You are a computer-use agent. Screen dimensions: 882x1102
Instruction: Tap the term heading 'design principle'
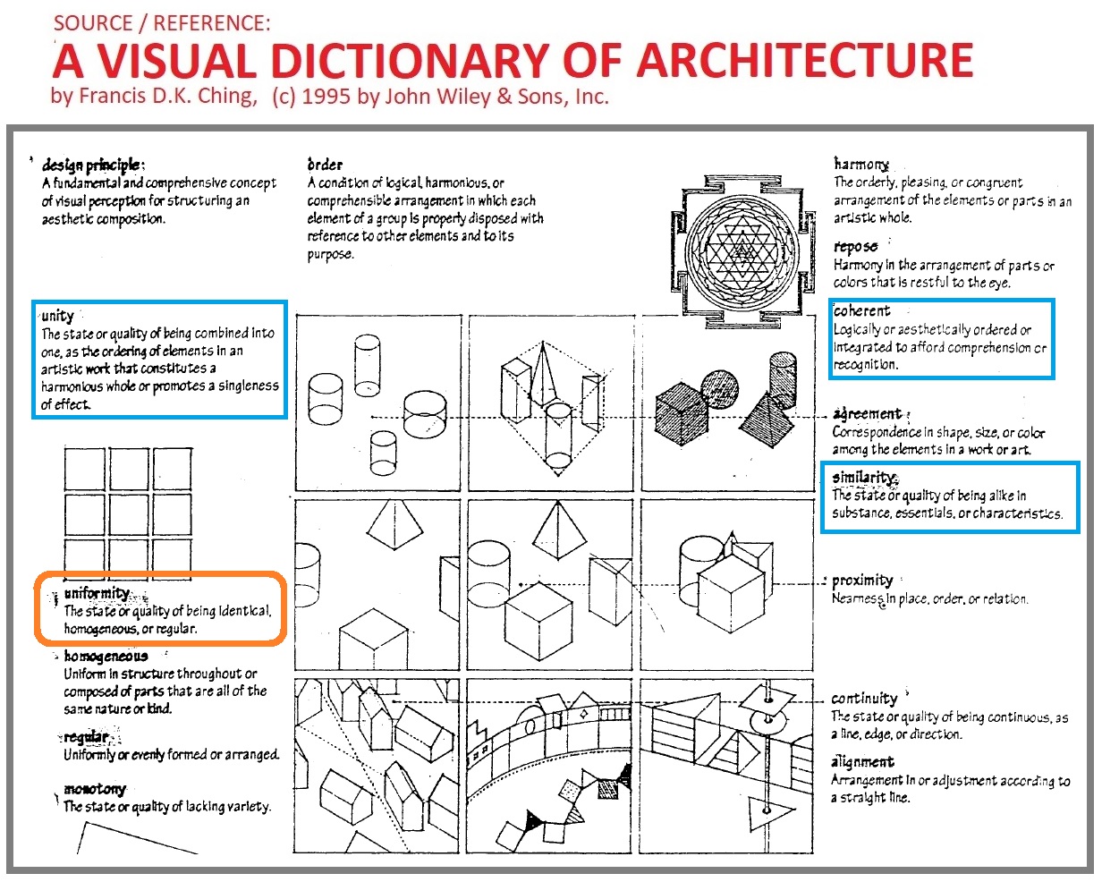pyautogui.click(x=92, y=165)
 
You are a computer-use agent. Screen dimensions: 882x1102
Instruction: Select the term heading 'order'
pyautogui.click(x=325, y=165)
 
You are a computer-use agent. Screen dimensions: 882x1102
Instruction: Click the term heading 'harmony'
pyautogui.click(x=860, y=164)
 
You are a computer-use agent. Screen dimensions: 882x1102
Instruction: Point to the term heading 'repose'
pyautogui.click(x=855, y=246)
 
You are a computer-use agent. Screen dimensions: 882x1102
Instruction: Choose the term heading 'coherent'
pyautogui.click(x=861, y=310)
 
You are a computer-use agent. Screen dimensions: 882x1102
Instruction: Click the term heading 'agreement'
pyautogui.click(x=867, y=414)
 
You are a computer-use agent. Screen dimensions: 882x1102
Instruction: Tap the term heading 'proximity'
pyautogui.click(x=862, y=580)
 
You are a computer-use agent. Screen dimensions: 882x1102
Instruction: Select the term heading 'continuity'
pyautogui.click(x=863, y=698)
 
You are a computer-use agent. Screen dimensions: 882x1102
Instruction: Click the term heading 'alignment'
pyautogui.click(x=862, y=761)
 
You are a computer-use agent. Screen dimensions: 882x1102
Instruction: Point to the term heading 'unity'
pyautogui.click(x=57, y=316)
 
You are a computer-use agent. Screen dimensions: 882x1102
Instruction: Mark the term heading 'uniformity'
pyautogui.click(x=97, y=593)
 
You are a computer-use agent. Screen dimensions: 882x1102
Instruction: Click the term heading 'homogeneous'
pyautogui.click(x=106, y=656)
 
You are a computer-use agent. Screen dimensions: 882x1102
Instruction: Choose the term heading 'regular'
pyautogui.click(x=86, y=737)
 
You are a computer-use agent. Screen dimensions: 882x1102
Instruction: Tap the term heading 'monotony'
pyautogui.click(x=95, y=789)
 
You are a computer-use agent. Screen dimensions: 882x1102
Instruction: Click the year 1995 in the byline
pyautogui.click(x=327, y=97)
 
